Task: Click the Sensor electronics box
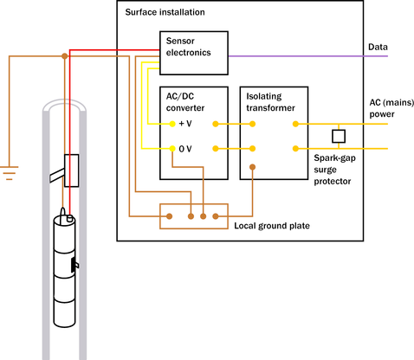pos(194,53)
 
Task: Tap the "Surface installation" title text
pos(165,12)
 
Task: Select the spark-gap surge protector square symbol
pos(339,136)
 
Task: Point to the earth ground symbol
pos(9,173)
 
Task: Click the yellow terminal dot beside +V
pos(172,124)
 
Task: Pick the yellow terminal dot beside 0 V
pos(172,149)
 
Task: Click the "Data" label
pos(378,47)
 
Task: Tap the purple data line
pos(308,56)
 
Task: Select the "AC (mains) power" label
pos(391,108)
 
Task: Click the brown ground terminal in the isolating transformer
pos(252,167)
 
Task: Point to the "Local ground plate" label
pos(272,226)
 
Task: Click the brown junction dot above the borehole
pos(65,56)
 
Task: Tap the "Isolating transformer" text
pos(270,102)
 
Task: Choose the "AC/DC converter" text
pos(185,102)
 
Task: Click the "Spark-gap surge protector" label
pos(334,170)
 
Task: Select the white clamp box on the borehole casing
pos(71,170)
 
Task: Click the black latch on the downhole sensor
pos(74,265)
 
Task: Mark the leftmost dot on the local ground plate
pos(170,216)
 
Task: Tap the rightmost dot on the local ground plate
pos(216,216)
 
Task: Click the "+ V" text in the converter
pos(185,124)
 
